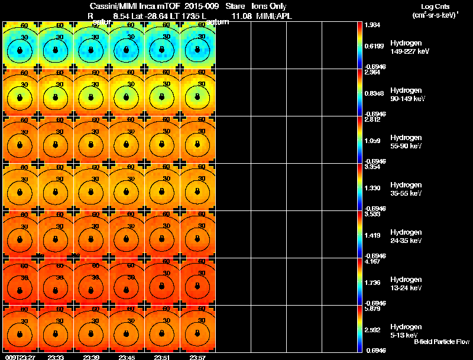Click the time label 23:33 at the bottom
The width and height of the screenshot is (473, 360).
click(x=56, y=357)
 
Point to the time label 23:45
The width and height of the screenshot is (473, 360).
click(x=127, y=357)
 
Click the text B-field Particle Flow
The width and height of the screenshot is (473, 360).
click(x=442, y=342)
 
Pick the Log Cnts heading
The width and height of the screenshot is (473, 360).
click(x=435, y=6)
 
